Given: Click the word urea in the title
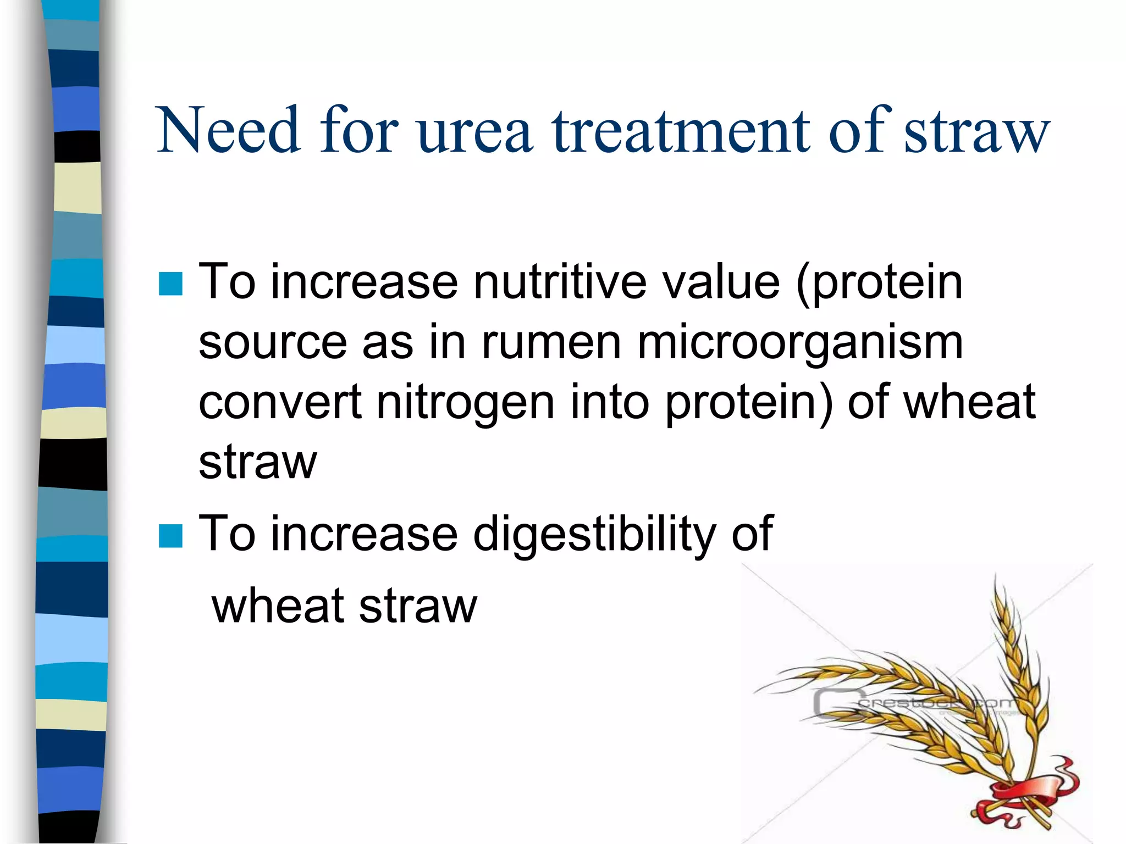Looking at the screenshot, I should click(x=474, y=132).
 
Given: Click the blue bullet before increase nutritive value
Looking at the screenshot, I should click(x=170, y=284).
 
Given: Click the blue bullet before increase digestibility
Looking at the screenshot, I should click(x=170, y=536).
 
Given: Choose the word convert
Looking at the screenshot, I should click(x=279, y=403).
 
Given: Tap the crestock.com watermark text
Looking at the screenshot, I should click(x=935, y=703).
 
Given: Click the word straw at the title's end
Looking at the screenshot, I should click(x=976, y=132).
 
